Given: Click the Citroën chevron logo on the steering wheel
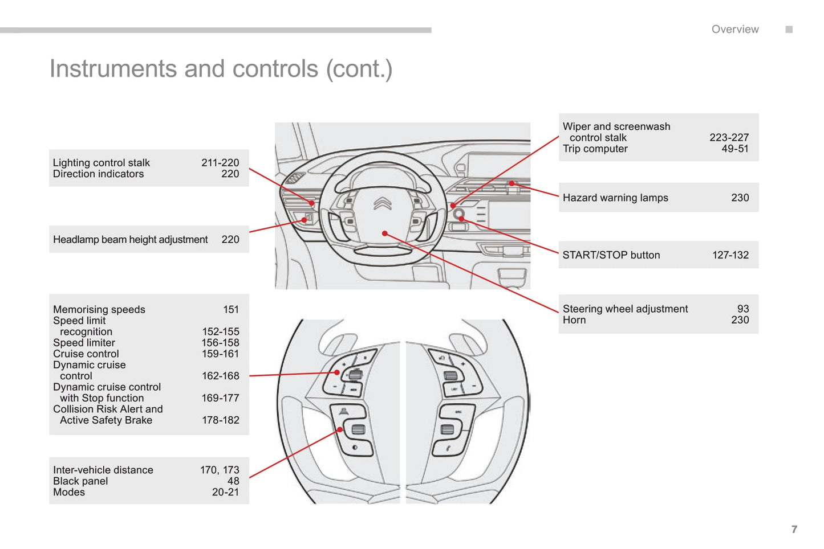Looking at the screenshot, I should [382, 203].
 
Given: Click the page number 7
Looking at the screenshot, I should [794, 529].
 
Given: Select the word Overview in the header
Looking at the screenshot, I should [734, 30].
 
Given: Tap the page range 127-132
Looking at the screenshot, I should [730, 255].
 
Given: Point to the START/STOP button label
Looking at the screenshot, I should [611, 255].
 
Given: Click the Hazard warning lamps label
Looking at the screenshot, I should [615, 198].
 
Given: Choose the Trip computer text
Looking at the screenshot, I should [595, 149].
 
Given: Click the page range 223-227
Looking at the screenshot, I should [729, 137].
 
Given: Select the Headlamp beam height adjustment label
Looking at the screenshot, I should [130, 240].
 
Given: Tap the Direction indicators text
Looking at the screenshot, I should [98, 174].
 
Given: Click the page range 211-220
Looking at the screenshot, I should [220, 163].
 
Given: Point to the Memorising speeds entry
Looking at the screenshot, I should [99, 309].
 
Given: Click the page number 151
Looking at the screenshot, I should [230, 309].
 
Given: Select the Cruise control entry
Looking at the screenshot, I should [86, 354].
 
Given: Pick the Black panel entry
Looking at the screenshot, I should [80, 481].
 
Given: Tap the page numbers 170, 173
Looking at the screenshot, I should [219, 470].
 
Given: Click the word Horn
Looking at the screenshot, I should [574, 320].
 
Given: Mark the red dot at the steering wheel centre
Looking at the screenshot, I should [385, 233].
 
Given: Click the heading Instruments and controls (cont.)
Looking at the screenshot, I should [221, 69].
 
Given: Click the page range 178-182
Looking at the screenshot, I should [220, 420].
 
